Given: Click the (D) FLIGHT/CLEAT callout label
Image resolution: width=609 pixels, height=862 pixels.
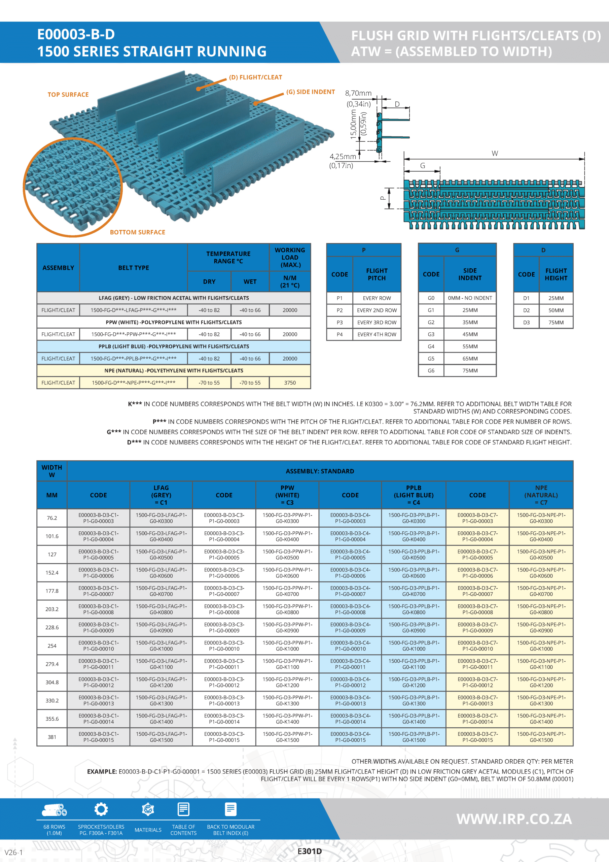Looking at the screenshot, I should [255, 77].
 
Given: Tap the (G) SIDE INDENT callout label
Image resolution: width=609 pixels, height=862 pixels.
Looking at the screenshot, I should [310, 92].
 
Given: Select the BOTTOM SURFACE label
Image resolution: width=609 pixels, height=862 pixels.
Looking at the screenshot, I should [137, 232].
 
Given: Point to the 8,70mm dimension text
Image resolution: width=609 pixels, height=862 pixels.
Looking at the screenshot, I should [358, 93].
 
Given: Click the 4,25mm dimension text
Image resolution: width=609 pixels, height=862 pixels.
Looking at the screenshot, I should [343, 157].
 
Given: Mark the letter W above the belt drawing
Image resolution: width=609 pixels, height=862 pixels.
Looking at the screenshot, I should [495, 153].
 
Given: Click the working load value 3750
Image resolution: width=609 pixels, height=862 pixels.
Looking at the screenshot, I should [290, 383].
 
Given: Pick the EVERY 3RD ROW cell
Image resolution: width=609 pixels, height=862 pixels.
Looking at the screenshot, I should [377, 323].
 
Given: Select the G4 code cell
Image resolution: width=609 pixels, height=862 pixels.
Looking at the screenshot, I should [431, 346].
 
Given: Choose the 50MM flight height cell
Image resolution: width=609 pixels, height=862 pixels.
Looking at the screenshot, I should [556, 310].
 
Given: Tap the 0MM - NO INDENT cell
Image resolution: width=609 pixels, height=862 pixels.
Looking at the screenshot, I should [470, 298].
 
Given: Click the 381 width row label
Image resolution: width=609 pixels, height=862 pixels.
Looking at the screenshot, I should [52, 737].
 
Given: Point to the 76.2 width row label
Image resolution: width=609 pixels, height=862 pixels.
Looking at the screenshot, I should [52, 518].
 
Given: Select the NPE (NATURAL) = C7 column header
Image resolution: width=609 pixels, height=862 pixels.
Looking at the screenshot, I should [541, 495].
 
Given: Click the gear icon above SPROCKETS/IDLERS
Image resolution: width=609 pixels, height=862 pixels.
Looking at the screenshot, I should [101, 809].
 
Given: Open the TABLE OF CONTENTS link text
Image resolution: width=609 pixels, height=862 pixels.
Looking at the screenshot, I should [183, 830].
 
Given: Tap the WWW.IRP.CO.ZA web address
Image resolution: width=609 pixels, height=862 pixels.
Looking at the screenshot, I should [514, 819].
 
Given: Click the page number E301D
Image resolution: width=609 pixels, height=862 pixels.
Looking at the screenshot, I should [310, 851].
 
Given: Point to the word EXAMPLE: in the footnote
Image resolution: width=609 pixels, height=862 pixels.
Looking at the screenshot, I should [102, 771].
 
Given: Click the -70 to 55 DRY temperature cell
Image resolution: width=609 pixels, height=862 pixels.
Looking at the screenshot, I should [209, 383].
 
